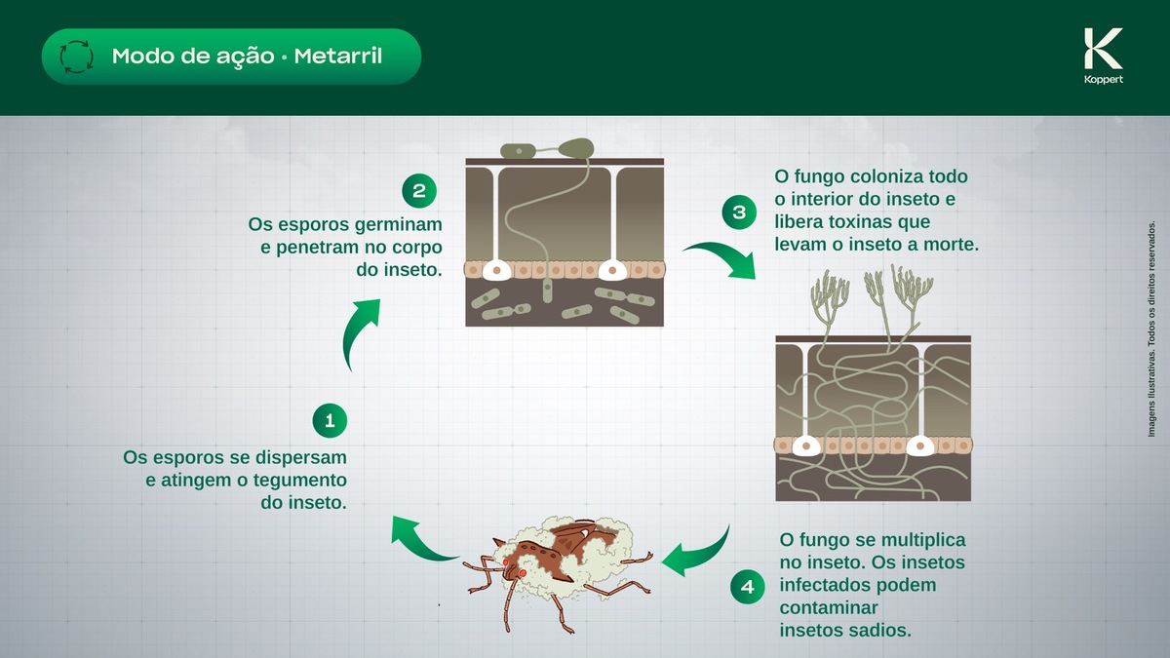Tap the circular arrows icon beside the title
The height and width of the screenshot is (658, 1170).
click(76, 57)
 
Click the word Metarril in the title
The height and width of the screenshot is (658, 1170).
click(340, 56)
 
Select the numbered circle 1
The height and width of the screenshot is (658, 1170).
click(330, 421)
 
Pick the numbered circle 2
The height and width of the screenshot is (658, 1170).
click(418, 190)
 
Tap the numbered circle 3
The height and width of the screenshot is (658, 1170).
click(738, 212)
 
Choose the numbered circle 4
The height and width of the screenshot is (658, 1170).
click(747, 587)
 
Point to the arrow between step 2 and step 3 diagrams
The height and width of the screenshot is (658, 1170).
click(720, 259)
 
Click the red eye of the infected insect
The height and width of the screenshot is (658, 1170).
click(522, 573)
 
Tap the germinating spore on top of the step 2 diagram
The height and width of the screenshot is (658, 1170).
click(576, 148)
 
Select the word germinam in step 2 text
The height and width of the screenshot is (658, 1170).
click(399, 223)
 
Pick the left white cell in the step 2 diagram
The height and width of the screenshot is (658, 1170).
click(499, 269)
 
